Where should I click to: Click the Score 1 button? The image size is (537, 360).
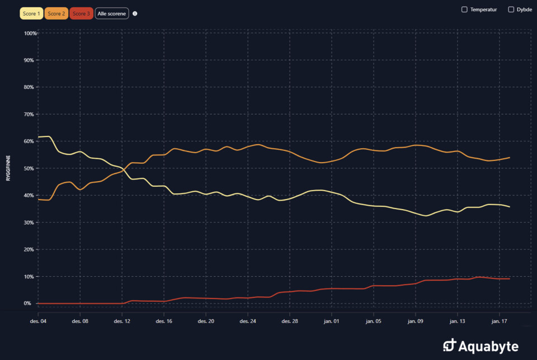click(31, 13)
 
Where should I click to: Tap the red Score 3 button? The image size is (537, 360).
click(81, 13)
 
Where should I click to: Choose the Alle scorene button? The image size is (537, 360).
click(112, 13)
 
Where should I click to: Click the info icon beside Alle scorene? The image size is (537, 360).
click(135, 13)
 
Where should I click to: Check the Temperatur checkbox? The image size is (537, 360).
click(464, 10)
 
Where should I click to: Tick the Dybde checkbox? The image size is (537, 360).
click(511, 10)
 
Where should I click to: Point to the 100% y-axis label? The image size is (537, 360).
click(30, 34)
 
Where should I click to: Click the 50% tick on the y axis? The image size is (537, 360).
click(30, 169)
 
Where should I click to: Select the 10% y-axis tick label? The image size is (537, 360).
click(30, 277)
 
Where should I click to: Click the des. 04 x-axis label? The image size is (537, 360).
click(39, 321)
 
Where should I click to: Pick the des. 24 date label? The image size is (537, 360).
click(248, 321)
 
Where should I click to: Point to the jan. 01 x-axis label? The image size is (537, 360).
click(332, 321)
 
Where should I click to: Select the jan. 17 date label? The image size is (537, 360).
click(499, 321)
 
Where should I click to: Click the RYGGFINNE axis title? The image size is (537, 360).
click(8, 168)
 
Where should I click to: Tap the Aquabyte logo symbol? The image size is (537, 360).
click(449, 346)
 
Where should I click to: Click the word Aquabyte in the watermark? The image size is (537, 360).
click(489, 347)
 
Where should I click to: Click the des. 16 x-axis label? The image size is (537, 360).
click(164, 321)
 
